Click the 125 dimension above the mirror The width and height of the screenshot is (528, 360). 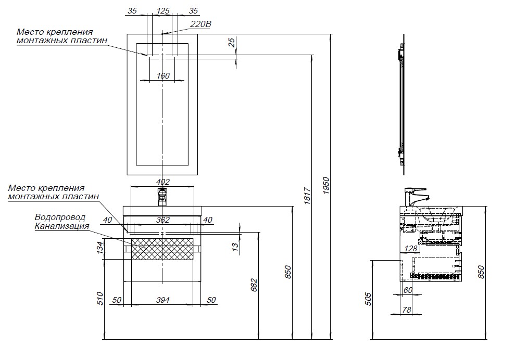tap(164, 10)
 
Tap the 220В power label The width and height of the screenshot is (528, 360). tap(200, 24)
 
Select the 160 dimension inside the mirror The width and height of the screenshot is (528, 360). tap(163, 76)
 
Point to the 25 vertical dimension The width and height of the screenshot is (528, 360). tap(232, 43)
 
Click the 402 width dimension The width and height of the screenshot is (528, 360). tap(164, 182)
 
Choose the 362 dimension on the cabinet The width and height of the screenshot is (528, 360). tap(163, 220)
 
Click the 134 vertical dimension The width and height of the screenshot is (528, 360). tap(100, 248)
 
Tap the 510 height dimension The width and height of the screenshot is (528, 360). tap(100, 298)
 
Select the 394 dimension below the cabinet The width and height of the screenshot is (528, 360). tap(163, 301)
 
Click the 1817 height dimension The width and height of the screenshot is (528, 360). tap(307, 196)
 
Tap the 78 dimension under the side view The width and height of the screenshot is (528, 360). tap(407, 310)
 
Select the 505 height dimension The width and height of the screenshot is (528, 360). tap(368, 299)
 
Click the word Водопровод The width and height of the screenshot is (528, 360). tap(60, 217)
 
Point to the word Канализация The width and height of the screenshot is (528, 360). tap(62, 226)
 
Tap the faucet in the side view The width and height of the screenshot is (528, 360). tap(415, 196)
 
